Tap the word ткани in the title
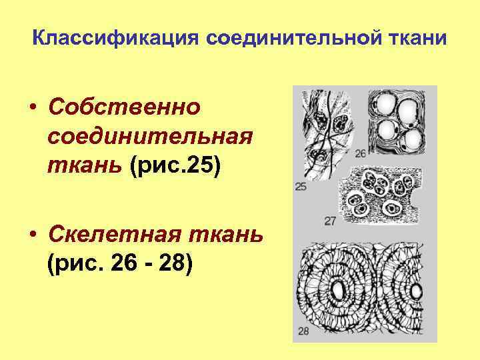pos(420,38)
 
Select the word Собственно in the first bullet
pos(125,107)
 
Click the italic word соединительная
pos(151,136)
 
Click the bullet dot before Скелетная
pos(32,236)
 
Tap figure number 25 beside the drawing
pos(301,187)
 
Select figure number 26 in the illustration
pos(361,154)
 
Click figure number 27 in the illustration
pos(330,221)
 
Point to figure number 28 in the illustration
pos(303,331)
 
